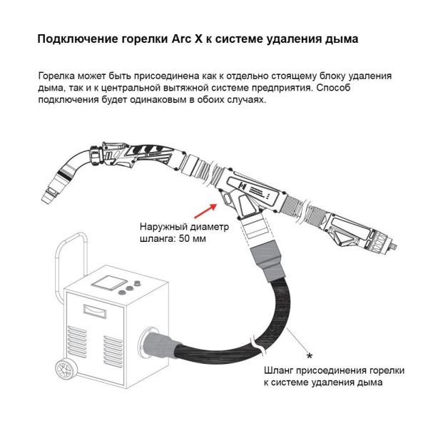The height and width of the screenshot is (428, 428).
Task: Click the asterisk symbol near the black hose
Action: click(x=309, y=355)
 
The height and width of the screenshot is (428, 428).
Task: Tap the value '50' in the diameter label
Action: click(x=185, y=240)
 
